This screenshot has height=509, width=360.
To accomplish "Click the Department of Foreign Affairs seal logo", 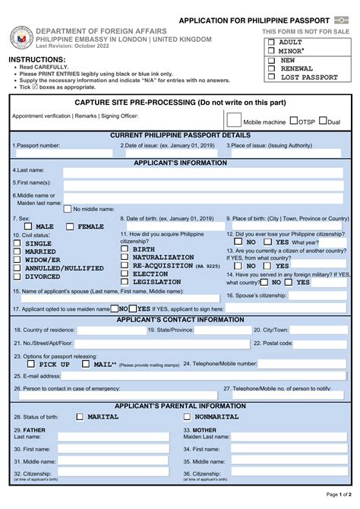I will click(x=21, y=37).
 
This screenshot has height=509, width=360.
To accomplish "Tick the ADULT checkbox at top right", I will click(x=271, y=43).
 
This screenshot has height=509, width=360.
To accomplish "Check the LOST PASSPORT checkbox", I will click(x=271, y=77).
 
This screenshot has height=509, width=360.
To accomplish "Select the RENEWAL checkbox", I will click(x=271, y=68).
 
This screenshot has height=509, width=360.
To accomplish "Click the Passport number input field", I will click(x=62, y=153).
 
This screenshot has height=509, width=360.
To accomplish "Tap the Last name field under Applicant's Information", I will click(x=205, y=172).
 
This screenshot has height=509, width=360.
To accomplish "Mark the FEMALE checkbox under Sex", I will click(x=70, y=226).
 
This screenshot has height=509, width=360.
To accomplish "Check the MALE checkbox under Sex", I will click(x=29, y=226).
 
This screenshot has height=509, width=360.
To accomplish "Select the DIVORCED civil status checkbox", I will click(x=17, y=277).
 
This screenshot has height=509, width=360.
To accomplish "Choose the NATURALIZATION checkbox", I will click(x=125, y=258).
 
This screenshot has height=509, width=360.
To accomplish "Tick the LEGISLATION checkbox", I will click(x=125, y=281).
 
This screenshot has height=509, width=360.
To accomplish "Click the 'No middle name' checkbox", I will click(x=68, y=208).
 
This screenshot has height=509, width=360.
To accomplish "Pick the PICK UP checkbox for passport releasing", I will click(x=31, y=364).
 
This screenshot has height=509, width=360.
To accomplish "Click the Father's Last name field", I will click(x=107, y=437).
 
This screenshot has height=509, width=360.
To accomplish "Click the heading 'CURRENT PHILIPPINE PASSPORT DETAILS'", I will click(x=180, y=134).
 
